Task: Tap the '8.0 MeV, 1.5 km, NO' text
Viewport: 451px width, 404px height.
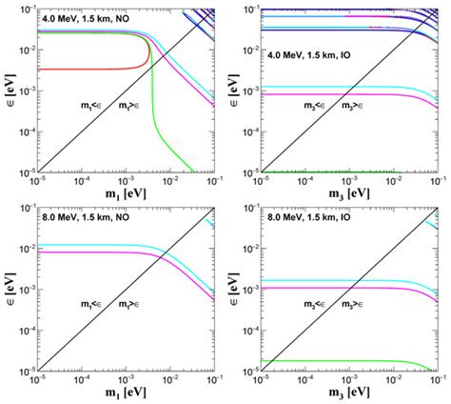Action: pos(85,217)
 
